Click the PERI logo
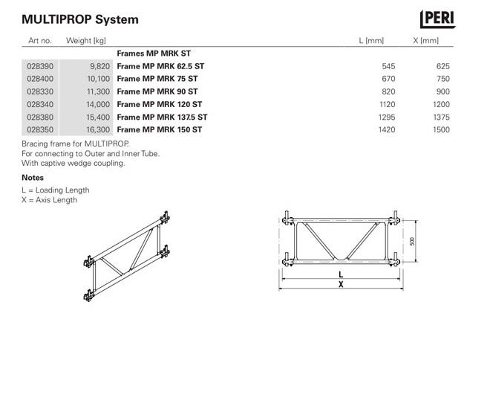click(437, 19)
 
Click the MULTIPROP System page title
click(80, 19)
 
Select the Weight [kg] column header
click(86, 41)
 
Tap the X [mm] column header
click(426, 41)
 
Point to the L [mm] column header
click(371, 41)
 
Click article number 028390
click(40, 66)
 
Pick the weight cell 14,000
click(98, 105)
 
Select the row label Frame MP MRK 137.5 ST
click(162, 117)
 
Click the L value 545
click(388, 66)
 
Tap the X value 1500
click(441, 129)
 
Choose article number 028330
click(40, 91)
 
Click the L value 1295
click(387, 117)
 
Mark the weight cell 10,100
click(99, 79)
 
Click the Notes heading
click(33, 178)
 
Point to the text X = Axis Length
click(50, 199)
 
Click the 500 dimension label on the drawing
click(412, 241)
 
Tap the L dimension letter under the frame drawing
click(341, 274)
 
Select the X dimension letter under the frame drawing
click(341, 284)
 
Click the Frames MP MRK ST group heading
click(154, 54)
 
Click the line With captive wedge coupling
click(73, 163)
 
